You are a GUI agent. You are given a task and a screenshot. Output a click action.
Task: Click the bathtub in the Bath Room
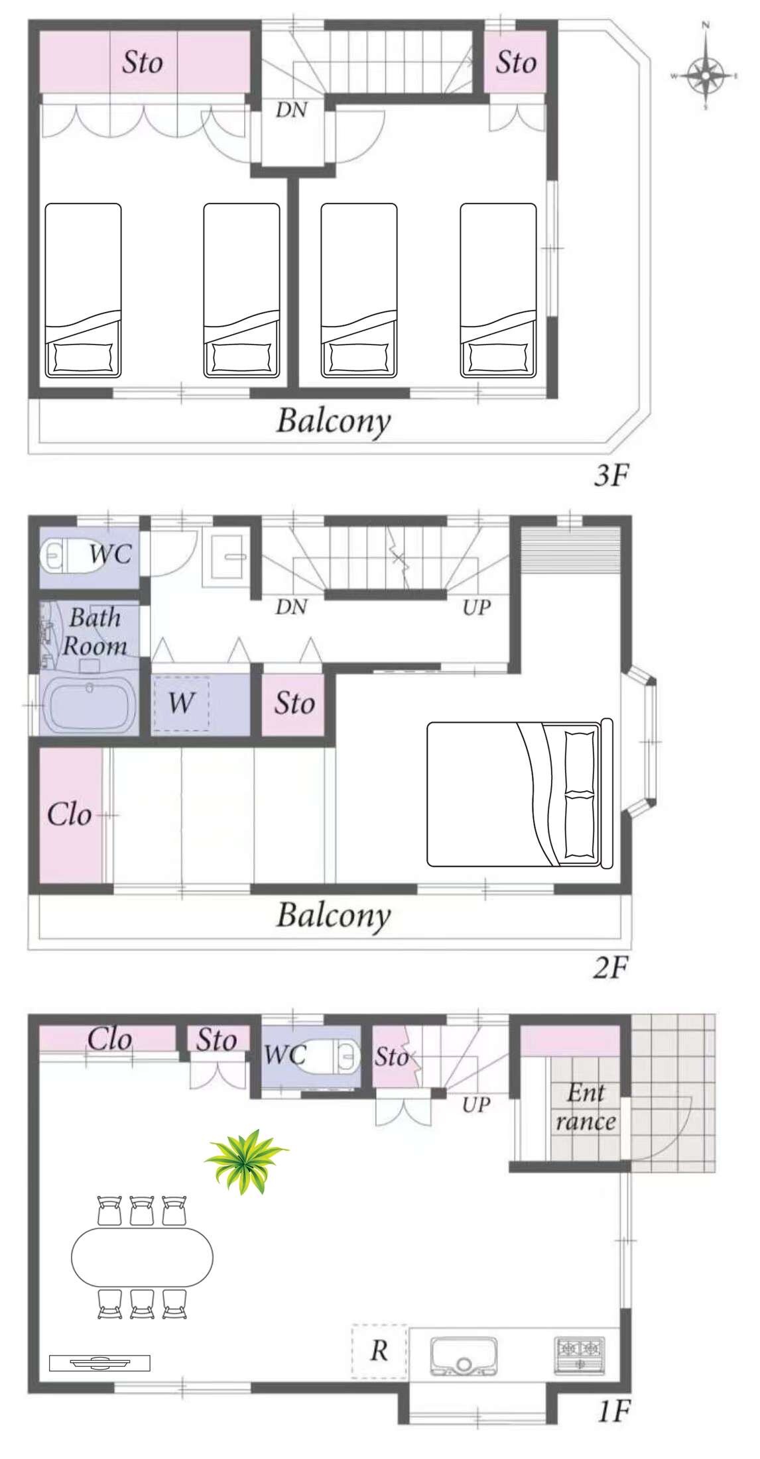pyautogui.click(x=90, y=707)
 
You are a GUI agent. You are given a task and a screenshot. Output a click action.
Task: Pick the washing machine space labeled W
pyautogui.click(x=181, y=702)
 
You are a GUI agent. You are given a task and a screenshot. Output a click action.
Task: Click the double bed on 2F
pyautogui.click(x=519, y=793)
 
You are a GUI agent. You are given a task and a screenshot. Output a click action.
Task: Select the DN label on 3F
pyautogui.click(x=292, y=110)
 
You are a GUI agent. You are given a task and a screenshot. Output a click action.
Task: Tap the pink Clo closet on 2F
pyautogui.click(x=70, y=814)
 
